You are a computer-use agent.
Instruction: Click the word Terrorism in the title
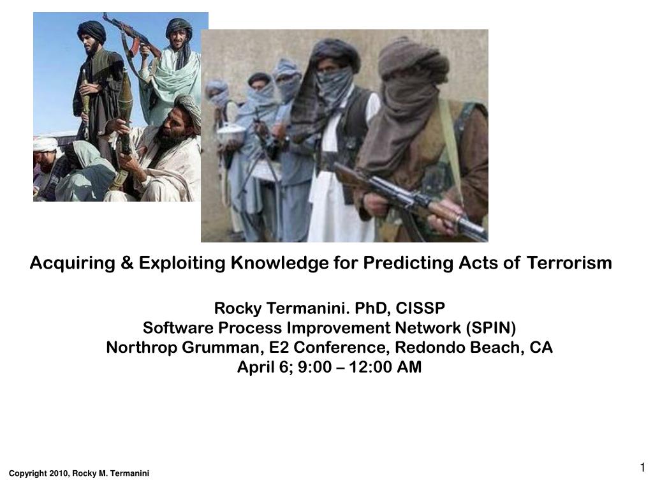point(569,263)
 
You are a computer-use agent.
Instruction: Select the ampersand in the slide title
point(127,263)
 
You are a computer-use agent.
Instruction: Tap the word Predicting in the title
point(408,264)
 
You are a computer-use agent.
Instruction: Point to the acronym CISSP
point(420,308)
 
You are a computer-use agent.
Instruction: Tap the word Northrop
point(142,348)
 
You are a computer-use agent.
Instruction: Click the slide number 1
point(643,467)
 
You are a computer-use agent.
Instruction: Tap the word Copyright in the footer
point(28,474)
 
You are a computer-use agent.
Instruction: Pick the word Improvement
point(339,329)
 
